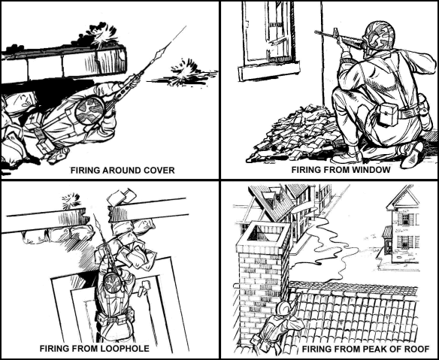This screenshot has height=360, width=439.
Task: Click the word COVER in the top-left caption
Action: point(159,170)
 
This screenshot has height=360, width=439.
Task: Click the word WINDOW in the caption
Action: point(371,170)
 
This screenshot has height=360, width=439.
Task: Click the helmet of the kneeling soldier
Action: point(379,36)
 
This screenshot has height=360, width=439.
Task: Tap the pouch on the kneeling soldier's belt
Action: point(389,114)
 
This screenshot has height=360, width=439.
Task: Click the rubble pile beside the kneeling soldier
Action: point(297,135)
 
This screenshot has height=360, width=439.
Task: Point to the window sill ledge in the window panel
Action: point(269,71)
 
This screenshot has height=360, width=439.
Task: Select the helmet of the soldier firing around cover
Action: point(90,110)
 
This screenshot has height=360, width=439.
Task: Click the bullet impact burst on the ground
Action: point(183,72)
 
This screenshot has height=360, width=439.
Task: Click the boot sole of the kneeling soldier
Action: point(412,156)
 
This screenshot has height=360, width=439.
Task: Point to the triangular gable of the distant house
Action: point(403,198)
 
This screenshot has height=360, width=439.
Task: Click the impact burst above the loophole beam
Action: point(71,201)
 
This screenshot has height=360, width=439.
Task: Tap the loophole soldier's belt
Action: point(115,319)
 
